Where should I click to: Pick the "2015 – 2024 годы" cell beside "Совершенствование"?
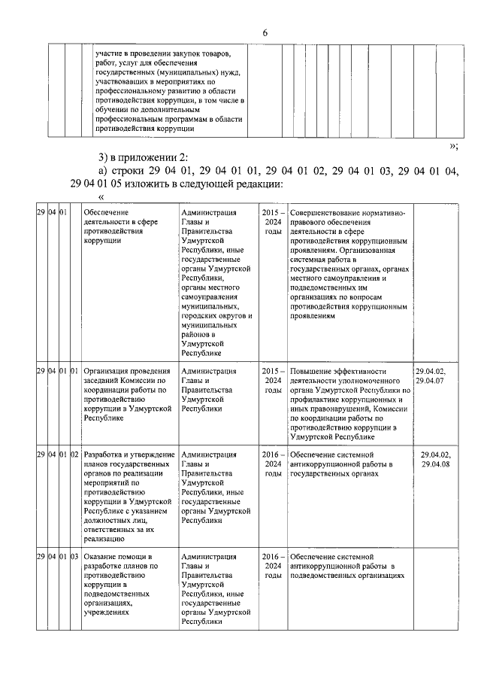pyautogui.click(x=273, y=223)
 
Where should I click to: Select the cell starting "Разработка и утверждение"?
pyautogui.click(x=129, y=497)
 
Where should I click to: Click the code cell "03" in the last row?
pyautogui.click(x=74, y=557)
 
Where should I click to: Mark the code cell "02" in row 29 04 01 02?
pyautogui.click(x=74, y=455)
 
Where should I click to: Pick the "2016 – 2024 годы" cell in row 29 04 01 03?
pyautogui.click(x=273, y=566)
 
